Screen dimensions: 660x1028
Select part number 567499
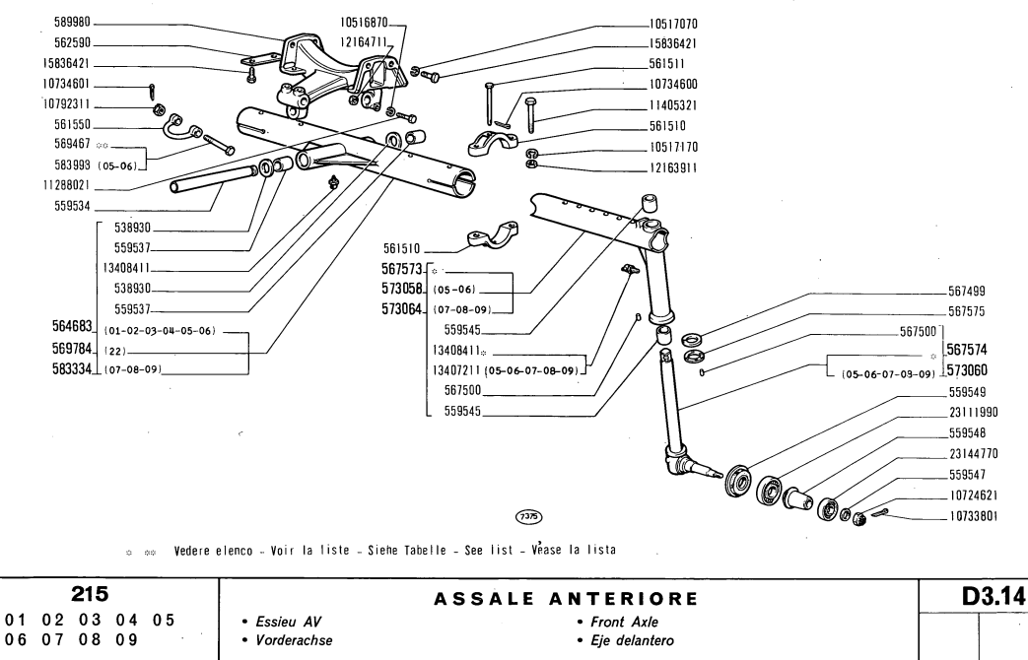967,292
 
